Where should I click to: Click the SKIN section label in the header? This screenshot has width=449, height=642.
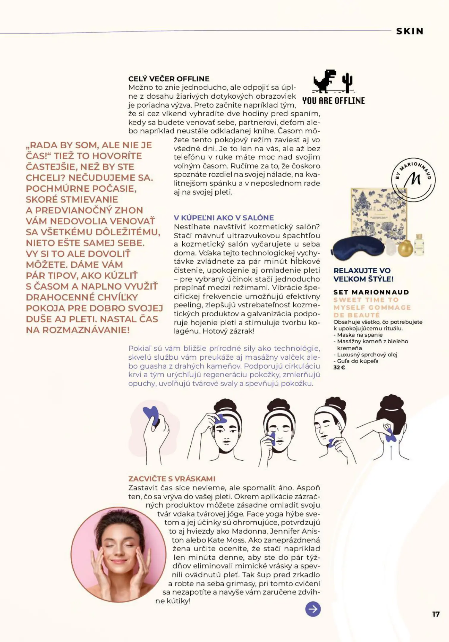pos(410,31)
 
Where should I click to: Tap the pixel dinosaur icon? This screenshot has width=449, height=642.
pos(325,81)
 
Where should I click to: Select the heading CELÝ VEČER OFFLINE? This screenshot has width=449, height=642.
pos(169,79)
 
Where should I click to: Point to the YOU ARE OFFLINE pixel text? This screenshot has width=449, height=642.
pos(333,101)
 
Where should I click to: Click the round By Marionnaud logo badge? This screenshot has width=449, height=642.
pos(413,180)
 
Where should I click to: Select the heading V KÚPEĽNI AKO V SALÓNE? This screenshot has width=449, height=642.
pos(224,218)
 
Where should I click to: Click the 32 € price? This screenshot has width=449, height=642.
pos(339,367)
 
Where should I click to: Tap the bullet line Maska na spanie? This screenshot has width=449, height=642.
pos(360,335)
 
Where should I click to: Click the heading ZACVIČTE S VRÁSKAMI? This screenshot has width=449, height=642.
pos(172,479)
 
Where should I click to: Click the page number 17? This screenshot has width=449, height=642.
pos(436,614)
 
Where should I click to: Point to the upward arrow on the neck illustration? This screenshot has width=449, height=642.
pos(391,452)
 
